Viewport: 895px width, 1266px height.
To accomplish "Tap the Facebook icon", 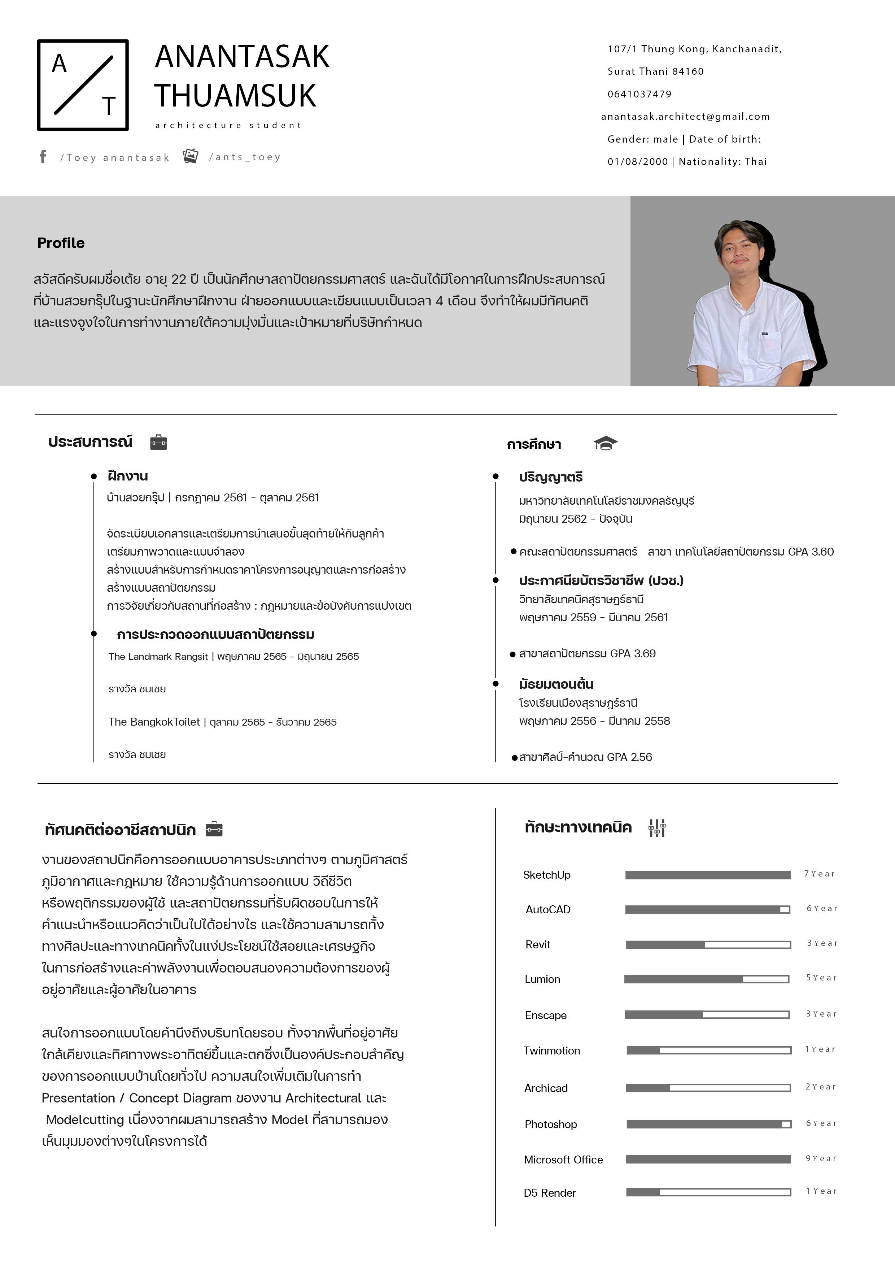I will point(43,157).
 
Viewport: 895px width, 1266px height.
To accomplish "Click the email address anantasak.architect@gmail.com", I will point(685,116).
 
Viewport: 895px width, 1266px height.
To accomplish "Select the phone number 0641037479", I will point(639,94).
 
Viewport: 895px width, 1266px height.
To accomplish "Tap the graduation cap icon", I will point(605,443).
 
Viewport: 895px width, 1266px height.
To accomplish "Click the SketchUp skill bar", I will point(708,875).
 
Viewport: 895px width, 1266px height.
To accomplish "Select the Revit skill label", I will point(537,945).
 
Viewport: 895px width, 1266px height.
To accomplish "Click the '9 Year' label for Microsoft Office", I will point(821,1158).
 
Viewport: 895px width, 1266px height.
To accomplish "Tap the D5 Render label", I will point(550,1193).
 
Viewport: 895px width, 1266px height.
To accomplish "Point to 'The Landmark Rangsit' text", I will point(158,656).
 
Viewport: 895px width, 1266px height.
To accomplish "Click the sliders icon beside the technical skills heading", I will point(657,828).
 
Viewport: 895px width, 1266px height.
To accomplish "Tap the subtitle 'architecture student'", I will point(228,125).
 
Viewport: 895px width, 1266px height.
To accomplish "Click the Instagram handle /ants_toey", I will point(245,157).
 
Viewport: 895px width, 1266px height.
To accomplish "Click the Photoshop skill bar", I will point(709,1124).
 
